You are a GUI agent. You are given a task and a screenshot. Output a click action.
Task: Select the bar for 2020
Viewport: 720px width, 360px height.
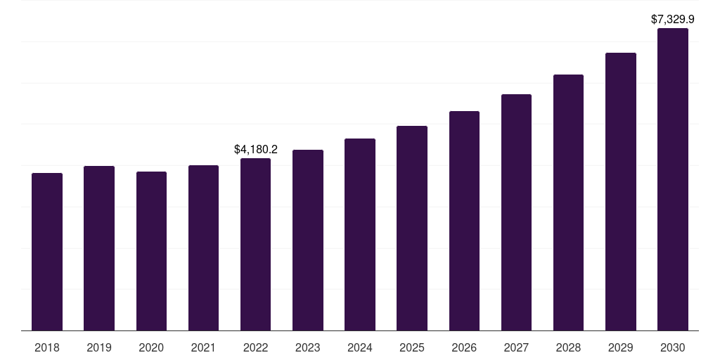point(151,251)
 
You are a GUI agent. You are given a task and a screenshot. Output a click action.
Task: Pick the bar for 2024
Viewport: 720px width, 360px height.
point(360,235)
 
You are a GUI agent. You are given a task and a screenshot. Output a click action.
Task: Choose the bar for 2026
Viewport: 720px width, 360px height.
point(464,221)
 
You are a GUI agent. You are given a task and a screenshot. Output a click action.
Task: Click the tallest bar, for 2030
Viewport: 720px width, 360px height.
point(673,179)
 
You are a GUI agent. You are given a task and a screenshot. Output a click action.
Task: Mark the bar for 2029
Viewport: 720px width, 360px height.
point(621,192)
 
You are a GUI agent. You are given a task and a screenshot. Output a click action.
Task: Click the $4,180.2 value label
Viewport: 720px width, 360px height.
point(256,149)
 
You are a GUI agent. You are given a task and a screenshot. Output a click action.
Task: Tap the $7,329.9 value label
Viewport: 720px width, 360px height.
point(673,19)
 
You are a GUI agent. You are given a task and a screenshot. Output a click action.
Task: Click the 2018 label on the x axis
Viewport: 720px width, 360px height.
point(47,347)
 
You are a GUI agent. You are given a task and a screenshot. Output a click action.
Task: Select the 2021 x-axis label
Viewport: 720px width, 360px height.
point(203,347)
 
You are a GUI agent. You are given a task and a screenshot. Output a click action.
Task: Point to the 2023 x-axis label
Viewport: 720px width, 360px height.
point(308,347)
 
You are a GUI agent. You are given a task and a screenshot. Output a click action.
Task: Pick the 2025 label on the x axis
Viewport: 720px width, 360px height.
point(412,347)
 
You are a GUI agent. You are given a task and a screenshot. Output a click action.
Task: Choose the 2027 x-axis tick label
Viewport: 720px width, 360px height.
point(516,347)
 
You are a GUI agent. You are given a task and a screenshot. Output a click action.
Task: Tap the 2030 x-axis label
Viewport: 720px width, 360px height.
point(673,347)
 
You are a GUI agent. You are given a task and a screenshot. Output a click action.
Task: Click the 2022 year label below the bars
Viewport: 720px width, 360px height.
point(255,347)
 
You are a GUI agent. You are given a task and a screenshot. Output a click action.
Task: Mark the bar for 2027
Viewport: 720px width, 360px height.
point(516,212)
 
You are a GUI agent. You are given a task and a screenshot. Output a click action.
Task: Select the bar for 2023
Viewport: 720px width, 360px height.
point(308,240)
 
